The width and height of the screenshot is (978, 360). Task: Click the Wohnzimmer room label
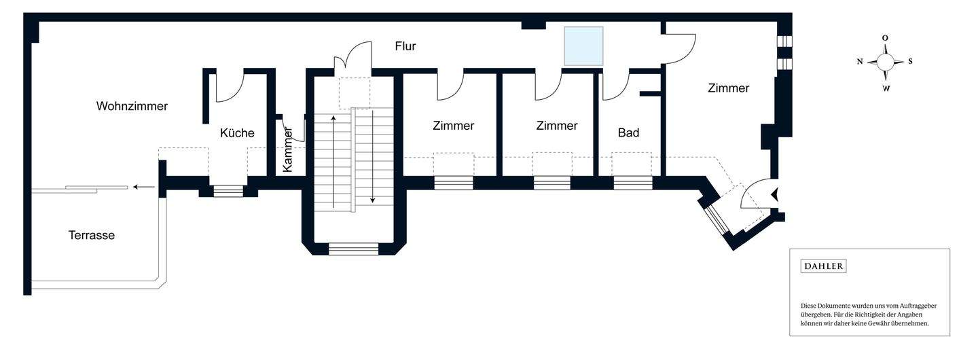coord(132,106)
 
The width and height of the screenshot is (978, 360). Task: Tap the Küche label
coord(237,132)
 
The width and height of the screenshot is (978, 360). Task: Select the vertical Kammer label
coord(287,149)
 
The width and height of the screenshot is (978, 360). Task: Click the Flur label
coord(405,46)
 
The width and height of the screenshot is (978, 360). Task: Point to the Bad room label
coord(628,132)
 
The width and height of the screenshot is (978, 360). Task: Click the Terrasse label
coord(92,235)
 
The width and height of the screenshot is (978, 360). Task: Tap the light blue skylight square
coord(583,46)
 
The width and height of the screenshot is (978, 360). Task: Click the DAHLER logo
coord(824,266)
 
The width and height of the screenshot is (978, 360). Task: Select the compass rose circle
coord(886,62)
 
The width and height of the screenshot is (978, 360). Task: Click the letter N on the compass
coord(860,62)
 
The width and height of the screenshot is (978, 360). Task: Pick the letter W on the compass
coord(886,88)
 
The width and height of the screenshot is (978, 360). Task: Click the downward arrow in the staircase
coord(373,156)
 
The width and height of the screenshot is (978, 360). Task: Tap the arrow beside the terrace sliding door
coord(143,187)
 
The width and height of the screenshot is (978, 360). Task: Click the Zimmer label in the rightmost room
coord(728,88)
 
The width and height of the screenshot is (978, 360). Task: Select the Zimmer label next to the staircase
coord(453,126)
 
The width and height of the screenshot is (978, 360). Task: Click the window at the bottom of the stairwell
coord(353,249)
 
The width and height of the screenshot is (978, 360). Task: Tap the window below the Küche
coord(228,191)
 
